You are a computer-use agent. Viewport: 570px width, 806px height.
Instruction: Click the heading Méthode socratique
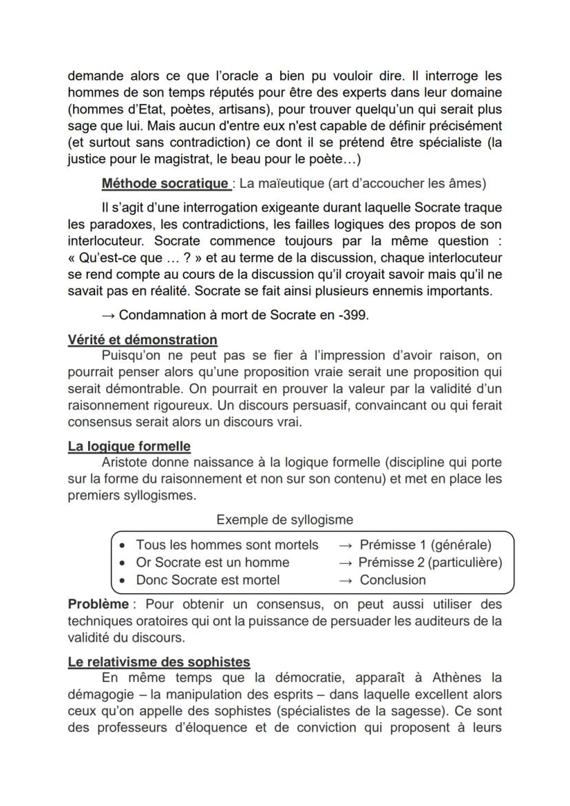pyautogui.click(x=165, y=183)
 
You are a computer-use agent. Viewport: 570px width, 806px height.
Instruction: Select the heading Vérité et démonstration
pyautogui.click(x=142, y=339)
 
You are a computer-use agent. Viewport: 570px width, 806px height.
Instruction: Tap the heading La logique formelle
pyautogui.click(x=129, y=446)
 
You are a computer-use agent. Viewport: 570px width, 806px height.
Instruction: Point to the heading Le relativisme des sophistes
pyautogui.click(x=159, y=661)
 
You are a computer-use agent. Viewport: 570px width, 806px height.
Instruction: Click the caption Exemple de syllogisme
pyautogui.click(x=284, y=520)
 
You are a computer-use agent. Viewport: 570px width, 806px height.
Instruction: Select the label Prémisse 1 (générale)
pyautogui.click(x=425, y=544)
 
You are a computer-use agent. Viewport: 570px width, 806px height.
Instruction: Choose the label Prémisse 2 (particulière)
pyautogui.click(x=430, y=562)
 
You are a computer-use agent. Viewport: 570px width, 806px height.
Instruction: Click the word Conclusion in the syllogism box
pyautogui.click(x=392, y=580)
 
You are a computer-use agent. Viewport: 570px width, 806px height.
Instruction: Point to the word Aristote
pyautogui.click(x=129, y=462)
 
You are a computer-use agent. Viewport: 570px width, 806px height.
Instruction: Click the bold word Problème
pyautogui.click(x=98, y=604)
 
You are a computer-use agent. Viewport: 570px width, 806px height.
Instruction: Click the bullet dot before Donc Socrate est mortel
pyautogui.click(x=122, y=580)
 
